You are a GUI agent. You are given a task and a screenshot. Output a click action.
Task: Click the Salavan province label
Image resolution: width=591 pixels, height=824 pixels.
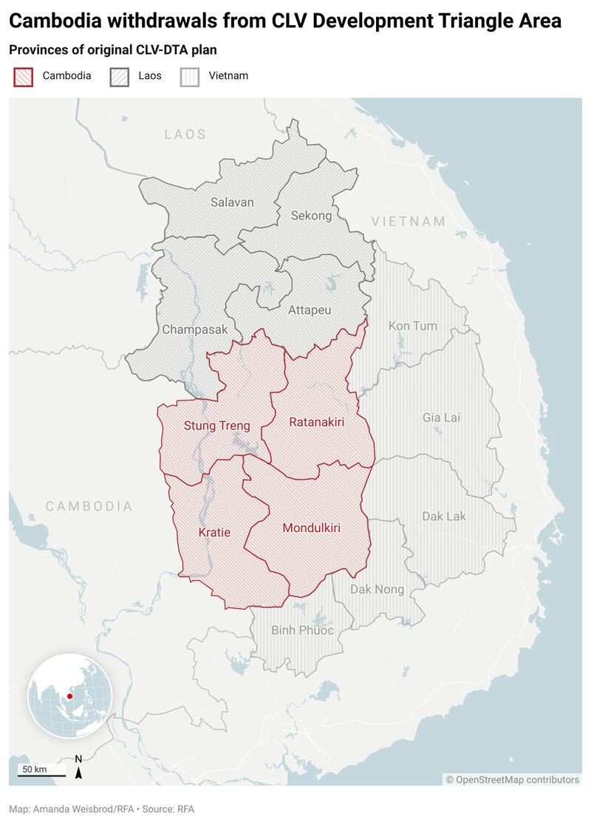(232, 202)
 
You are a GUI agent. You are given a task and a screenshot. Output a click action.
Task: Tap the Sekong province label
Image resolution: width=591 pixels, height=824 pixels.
(311, 216)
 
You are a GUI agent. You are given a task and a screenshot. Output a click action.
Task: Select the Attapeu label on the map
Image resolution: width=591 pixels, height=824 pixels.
(310, 310)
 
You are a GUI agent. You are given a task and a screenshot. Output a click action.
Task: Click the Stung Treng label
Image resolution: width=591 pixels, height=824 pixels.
(216, 426)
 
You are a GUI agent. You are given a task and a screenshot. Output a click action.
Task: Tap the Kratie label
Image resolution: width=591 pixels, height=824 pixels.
(214, 532)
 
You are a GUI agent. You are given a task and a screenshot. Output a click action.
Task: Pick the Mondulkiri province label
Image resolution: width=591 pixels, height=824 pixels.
(315, 528)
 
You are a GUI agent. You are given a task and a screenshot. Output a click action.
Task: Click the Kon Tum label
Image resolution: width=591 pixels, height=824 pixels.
(413, 326)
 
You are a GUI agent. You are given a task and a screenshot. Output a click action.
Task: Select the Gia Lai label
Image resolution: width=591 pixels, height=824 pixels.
(441, 418)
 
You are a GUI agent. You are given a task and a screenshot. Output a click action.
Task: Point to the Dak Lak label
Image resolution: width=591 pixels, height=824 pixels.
(444, 516)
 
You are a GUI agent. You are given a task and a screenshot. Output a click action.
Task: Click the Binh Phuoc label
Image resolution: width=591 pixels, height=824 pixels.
(303, 630)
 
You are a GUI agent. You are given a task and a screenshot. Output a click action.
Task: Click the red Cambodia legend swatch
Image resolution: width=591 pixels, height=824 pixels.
(23, 76)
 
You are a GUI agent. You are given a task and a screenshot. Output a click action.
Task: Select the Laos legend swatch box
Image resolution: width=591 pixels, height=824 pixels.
(119, 76)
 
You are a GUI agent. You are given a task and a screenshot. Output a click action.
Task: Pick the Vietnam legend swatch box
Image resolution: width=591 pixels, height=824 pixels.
(190, 76)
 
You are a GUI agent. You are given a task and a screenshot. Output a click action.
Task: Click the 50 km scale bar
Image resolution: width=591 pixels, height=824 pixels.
(41, 773)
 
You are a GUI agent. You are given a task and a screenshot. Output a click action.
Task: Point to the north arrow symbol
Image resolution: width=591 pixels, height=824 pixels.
(78, 769)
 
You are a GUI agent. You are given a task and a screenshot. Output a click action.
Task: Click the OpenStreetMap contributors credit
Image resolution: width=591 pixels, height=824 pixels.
(512, 780)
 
